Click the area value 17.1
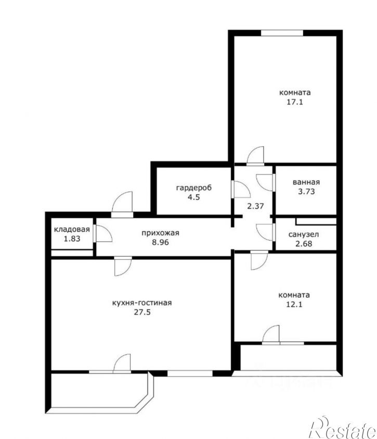pos(295,102)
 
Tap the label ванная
pos(306,182)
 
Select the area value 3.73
pos(306,192)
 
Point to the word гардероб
pos(193,188)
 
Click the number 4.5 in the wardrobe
pos(193,197)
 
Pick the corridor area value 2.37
pos(255,206)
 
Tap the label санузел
pos(304,234)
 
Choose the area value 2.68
pos(304,244)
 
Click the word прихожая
pos(160,233)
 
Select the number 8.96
pos(160,242)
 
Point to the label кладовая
pos(72,230)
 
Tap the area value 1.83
pos(72,239)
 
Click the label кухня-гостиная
pos(141,303)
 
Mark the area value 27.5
pos(142,312)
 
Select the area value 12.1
pos(294,304)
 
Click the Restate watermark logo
pos(344,429)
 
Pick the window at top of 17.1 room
pos(282,33)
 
